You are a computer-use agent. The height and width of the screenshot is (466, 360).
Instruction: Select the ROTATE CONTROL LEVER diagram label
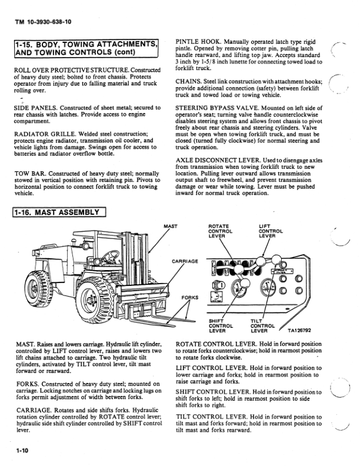click(x=221, y=232)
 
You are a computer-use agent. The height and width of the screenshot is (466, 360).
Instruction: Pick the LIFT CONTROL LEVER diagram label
click(x=271, y=232)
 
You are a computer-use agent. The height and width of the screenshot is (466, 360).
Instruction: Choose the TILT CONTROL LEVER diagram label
click(x=263, y=325)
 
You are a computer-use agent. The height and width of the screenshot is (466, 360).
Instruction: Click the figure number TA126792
click(x=302, y=331)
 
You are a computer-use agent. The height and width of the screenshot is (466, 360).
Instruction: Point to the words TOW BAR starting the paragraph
click(x=28, y=172)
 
